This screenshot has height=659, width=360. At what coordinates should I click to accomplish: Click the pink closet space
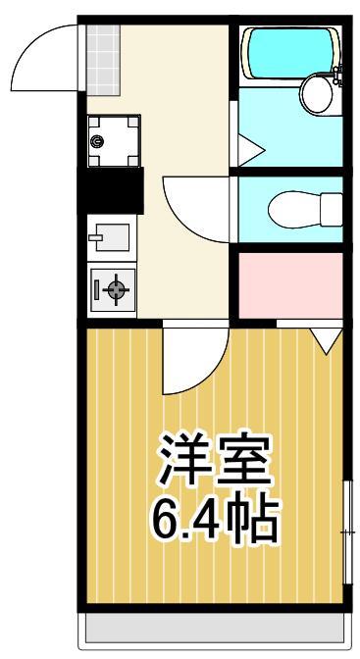pos(290,285)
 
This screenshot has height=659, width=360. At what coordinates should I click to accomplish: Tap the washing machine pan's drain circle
pos(96,140)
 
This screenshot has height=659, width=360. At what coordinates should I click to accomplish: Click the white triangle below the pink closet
pos(325,339)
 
